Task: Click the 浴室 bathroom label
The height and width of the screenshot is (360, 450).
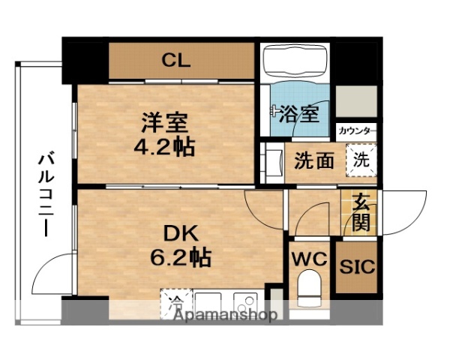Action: pos(297,114)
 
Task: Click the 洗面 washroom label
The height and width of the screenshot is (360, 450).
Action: pos(313,160)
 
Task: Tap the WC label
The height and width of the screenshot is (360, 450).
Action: pos(309,259)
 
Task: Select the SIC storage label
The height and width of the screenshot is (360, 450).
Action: pos(357,268)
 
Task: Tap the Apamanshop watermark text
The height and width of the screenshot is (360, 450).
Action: pos(226,315)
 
